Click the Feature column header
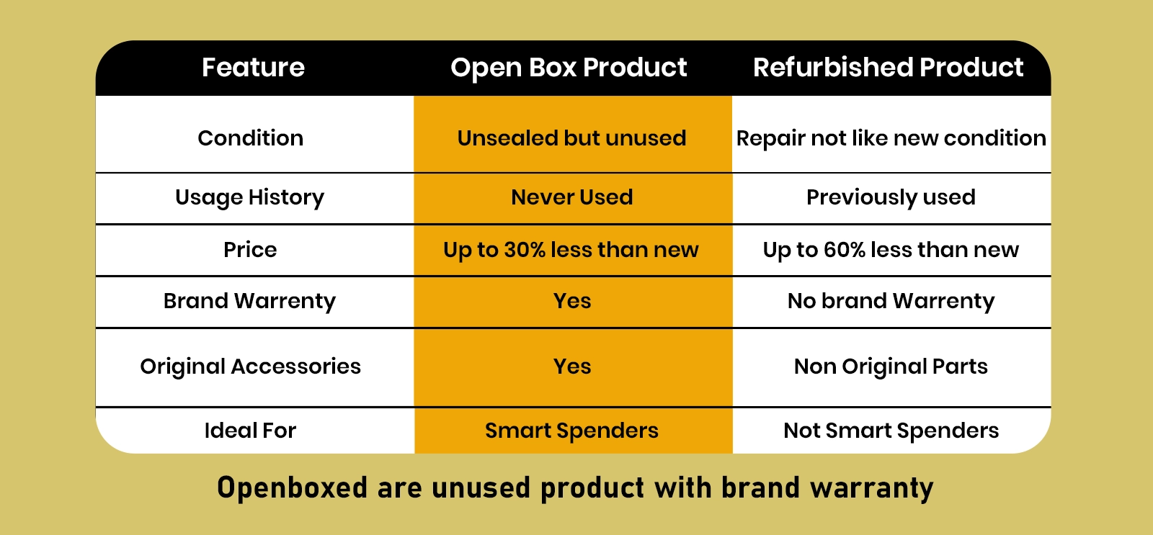[x=253, y=68]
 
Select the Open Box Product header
[x=569, y=68]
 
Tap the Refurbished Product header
[x=889, y=68]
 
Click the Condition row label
[x=251, y=138]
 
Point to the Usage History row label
[x=249, y=197]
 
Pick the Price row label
[x=250, y=249]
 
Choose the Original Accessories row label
[x=251, y=367]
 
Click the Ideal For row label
[x=250, y=430]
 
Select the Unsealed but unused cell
[x=572, y=138]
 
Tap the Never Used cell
[x=572, y=197]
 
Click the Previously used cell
[x=891, y=197]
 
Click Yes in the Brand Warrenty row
[x=572, y=301]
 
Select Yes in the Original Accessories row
[x=572, y=367]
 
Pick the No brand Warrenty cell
[x=891, y=301]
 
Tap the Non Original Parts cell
[x=891, y=367]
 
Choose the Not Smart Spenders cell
[x=891, y=430]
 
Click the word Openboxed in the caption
[x=293, y=487]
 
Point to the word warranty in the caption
[x=872, y=488]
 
